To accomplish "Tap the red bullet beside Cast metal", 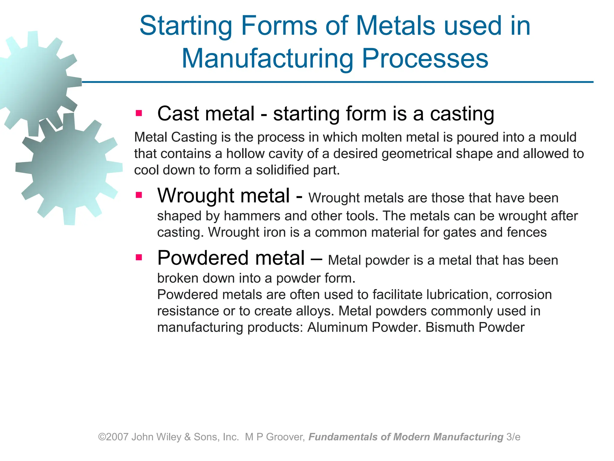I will (x=139, y=113).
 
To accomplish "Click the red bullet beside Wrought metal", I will (x=139, y=195).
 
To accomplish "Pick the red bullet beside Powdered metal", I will (x=139, y=258).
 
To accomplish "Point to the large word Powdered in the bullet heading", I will (x=203, y=258).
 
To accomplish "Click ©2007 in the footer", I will (x=114, y=437).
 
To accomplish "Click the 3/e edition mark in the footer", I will (x=513, y=437).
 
